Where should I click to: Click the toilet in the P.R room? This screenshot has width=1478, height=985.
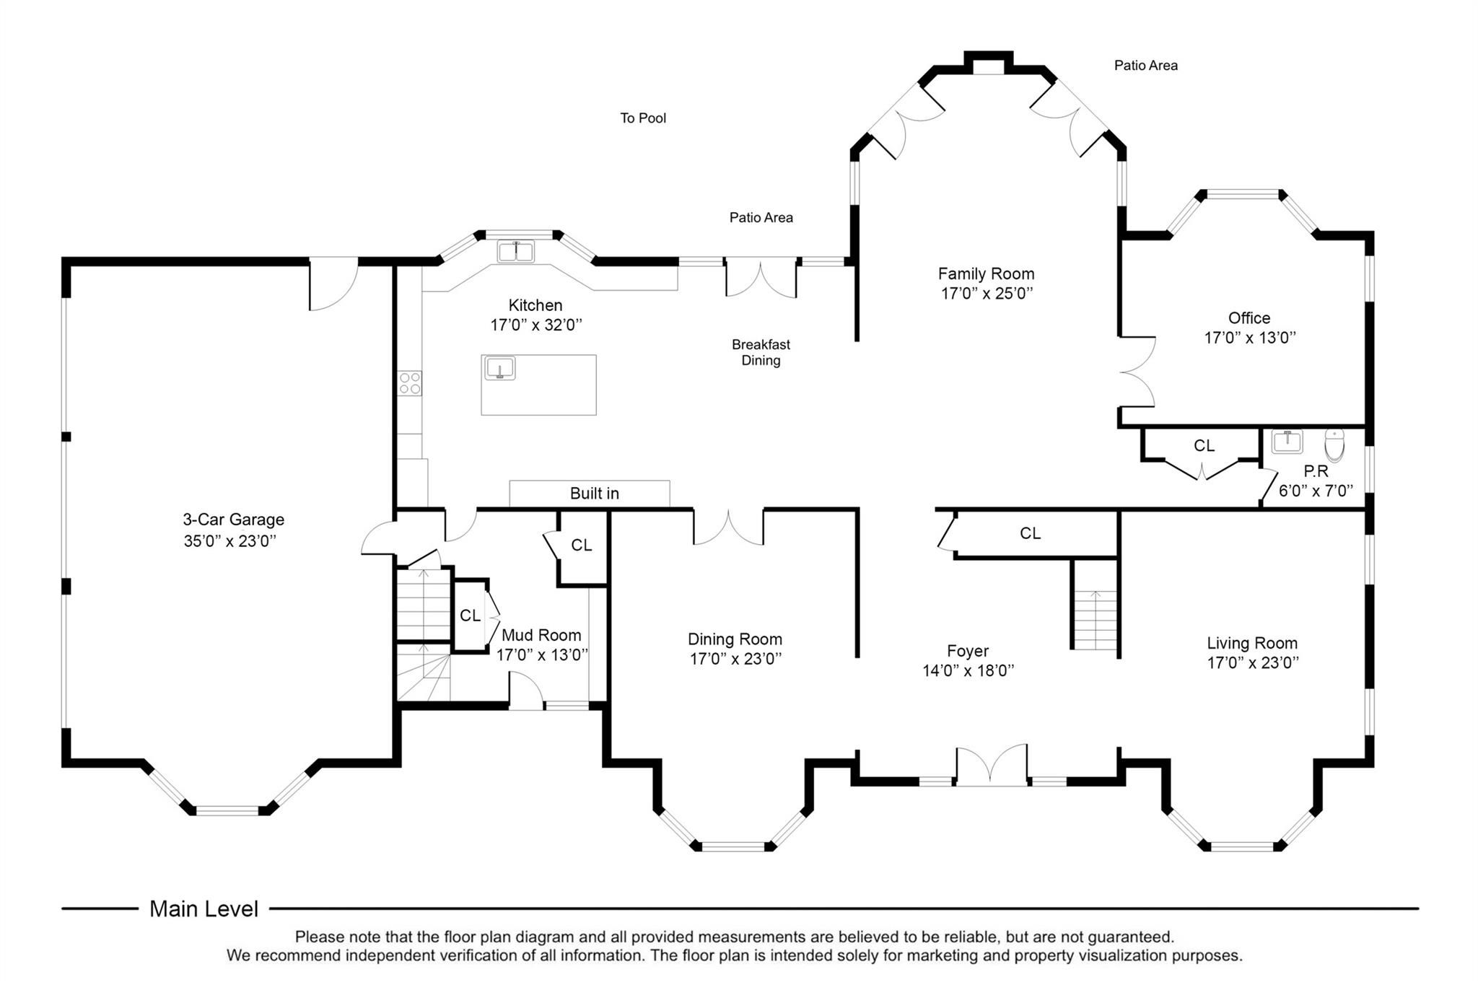(x=1334, y=445)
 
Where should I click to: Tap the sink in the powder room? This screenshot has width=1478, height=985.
(x=1287, y=442)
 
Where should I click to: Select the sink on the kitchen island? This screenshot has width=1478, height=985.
(x=499, y=368)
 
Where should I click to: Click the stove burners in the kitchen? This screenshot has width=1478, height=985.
(x=410, y=383)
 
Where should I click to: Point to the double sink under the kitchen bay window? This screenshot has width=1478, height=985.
(x=516, y=252)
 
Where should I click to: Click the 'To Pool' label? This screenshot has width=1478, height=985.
(x=643, y=118)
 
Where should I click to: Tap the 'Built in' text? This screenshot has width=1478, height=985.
(x=595, y=494)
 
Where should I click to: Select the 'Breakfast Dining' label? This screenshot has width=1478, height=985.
(x=761, y=352)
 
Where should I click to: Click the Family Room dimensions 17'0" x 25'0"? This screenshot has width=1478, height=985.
(x=987, y=293)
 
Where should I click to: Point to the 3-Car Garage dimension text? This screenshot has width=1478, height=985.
(x=230, y=540)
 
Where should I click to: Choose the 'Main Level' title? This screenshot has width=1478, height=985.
(x=204, y=909)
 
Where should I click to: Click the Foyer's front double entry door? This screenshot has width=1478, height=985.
(x=992, y=765)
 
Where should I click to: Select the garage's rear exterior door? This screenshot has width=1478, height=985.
(x=333, y=284)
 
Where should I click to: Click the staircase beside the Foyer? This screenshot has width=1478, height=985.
(x=1095, y=620)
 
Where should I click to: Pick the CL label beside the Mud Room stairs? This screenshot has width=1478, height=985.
(x=470, y=616)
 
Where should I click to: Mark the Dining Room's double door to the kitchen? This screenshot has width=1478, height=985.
(x=728, y=527)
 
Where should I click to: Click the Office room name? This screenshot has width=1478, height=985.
(x=1249, y=318)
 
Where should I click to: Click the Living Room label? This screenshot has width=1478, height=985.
(x=1252, y=643)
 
